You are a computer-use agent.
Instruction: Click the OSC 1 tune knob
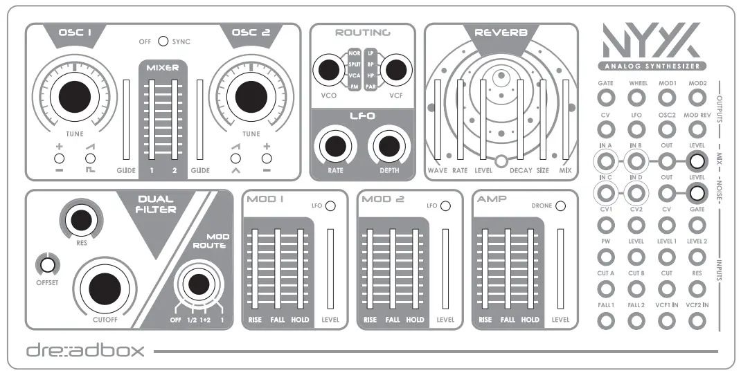click(x=69, y=95)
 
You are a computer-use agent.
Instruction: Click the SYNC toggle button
click(x=163, y=42)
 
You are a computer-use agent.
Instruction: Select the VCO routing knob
click(x=324, y=69)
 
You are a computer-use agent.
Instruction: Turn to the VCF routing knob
click(x=395, y=69)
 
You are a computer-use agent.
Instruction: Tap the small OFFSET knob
click(x=47, y=264)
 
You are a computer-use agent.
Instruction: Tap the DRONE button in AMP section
click(x=560, y=205)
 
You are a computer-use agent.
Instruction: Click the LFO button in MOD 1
click(x=330, y=205)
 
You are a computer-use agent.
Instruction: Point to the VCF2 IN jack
click(x=697, y=320)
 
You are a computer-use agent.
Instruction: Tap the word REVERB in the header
click(x=501, y=33)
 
